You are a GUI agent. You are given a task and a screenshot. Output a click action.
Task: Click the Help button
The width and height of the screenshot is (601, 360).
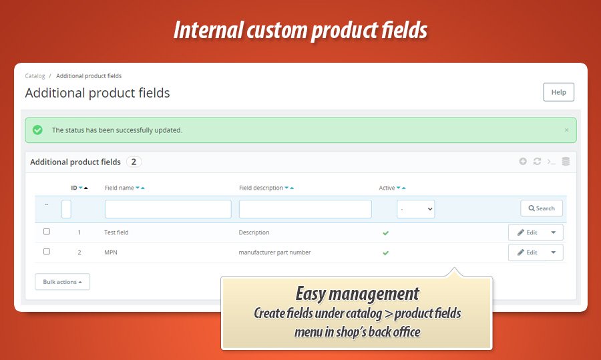coord(558,92)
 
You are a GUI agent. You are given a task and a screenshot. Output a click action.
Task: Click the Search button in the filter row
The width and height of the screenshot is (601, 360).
coord(541,208)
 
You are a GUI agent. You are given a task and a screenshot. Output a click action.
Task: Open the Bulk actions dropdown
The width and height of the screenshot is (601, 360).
coord(63,282)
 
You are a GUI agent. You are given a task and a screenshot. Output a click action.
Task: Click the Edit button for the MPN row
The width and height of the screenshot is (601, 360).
coord(527,252)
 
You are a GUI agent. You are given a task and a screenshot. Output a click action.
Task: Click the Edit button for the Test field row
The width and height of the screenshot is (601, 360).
coord(527,232)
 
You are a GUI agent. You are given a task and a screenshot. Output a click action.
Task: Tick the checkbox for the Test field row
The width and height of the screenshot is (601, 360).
coord(47,232)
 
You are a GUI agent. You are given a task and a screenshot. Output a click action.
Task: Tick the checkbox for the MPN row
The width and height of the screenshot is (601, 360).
coord(47,252)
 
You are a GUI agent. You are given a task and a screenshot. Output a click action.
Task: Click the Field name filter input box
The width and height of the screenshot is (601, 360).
coord(168,209)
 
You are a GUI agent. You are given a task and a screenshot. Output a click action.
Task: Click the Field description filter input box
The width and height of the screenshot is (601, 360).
coord(305,209)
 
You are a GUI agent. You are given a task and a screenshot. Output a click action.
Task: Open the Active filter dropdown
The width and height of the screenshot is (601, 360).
coord(416,209)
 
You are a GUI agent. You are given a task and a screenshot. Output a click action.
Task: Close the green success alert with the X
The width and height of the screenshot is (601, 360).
coord(566,130)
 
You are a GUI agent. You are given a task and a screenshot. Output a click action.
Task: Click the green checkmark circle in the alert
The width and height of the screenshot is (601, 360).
coord(37,130)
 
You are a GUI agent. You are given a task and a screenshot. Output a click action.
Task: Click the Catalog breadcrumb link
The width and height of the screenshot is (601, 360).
coord(35,76)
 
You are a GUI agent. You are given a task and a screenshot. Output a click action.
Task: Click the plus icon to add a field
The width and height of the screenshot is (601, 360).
coord(523,162)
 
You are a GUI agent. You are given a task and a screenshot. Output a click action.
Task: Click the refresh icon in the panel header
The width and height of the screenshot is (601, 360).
coord(537,162)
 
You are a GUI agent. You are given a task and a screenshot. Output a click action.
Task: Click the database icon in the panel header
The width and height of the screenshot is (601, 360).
coord(566,162)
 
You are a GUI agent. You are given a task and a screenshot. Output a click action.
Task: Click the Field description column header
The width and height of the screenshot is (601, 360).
coord(261,188)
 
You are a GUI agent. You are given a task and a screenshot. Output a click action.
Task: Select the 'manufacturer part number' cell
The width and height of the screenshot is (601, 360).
coord(274,252)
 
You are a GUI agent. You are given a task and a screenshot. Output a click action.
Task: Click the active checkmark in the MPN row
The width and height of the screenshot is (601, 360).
coord(385,252)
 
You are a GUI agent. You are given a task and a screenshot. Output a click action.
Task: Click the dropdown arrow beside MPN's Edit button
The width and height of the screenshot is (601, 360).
coord(554,252)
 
